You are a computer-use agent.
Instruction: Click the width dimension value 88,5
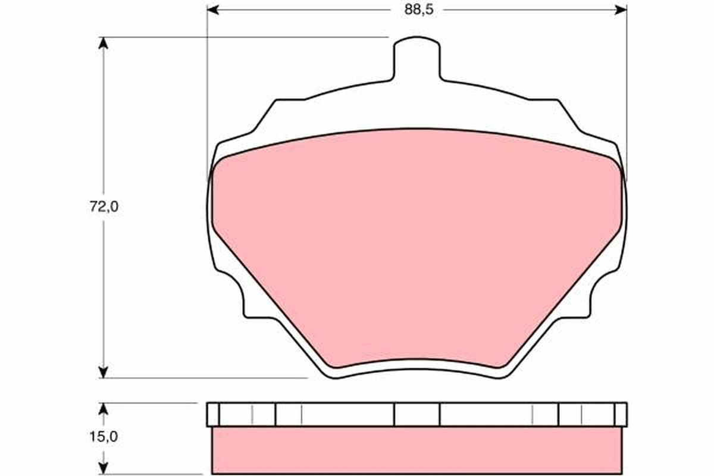pyautogui.click(x=416, y=10)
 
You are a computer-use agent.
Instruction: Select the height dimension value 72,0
pyautogui.click(x=105, y=207)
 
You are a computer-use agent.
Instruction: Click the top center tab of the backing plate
pyautogui.click(x=417, y=57)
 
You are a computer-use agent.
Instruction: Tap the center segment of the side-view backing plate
pyautogui.click(x=416, y=414)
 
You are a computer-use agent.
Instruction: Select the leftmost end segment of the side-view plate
pyautogui.click(x=212, y=414)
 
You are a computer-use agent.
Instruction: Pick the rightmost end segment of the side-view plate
pyautogui.click(x=621, y=414)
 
